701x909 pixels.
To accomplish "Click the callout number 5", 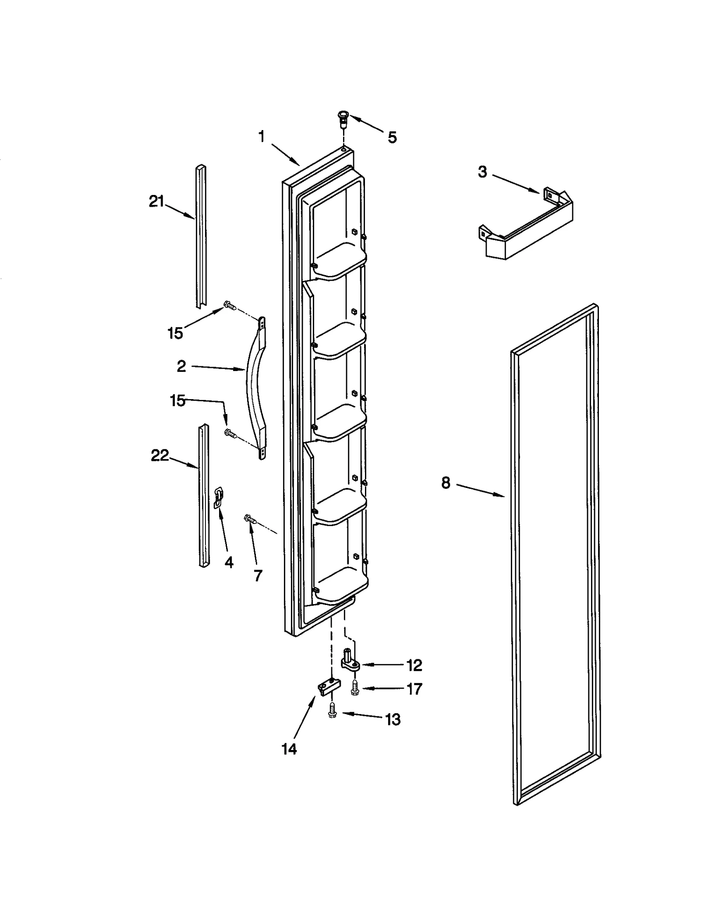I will pos(392,138).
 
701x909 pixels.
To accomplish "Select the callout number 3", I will pos(482,172).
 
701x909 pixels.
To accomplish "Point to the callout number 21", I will pos(156,202).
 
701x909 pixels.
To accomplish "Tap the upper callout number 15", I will pos(175,333).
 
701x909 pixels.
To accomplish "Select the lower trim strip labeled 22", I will pos(204,495).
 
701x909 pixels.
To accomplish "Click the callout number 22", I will pos(159,456).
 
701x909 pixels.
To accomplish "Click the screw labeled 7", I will pos(250,519).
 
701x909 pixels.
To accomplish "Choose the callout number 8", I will pos(445,483).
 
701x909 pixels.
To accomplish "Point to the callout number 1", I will pos(262,137).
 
